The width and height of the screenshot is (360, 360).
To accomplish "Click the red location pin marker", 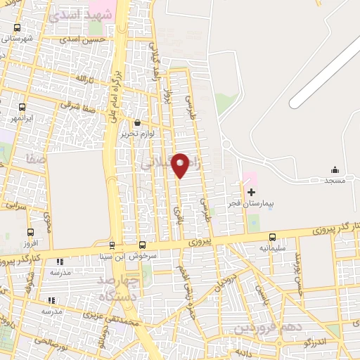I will click(x=180, y=165).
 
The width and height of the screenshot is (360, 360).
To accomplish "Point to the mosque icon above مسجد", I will click(x=335, y=169).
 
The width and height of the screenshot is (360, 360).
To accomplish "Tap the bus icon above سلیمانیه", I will click(x=272, y=237).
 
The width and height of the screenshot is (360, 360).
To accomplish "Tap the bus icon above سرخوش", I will click(x=143, y=245).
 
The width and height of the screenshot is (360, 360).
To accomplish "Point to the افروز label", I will click(x=30, y=243).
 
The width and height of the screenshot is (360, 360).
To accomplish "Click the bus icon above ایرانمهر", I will click(x=22, y=108).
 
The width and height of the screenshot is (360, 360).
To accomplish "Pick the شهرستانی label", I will click(x=18, y=39).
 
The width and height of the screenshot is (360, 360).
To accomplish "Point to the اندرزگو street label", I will click(x=315, y=342).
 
